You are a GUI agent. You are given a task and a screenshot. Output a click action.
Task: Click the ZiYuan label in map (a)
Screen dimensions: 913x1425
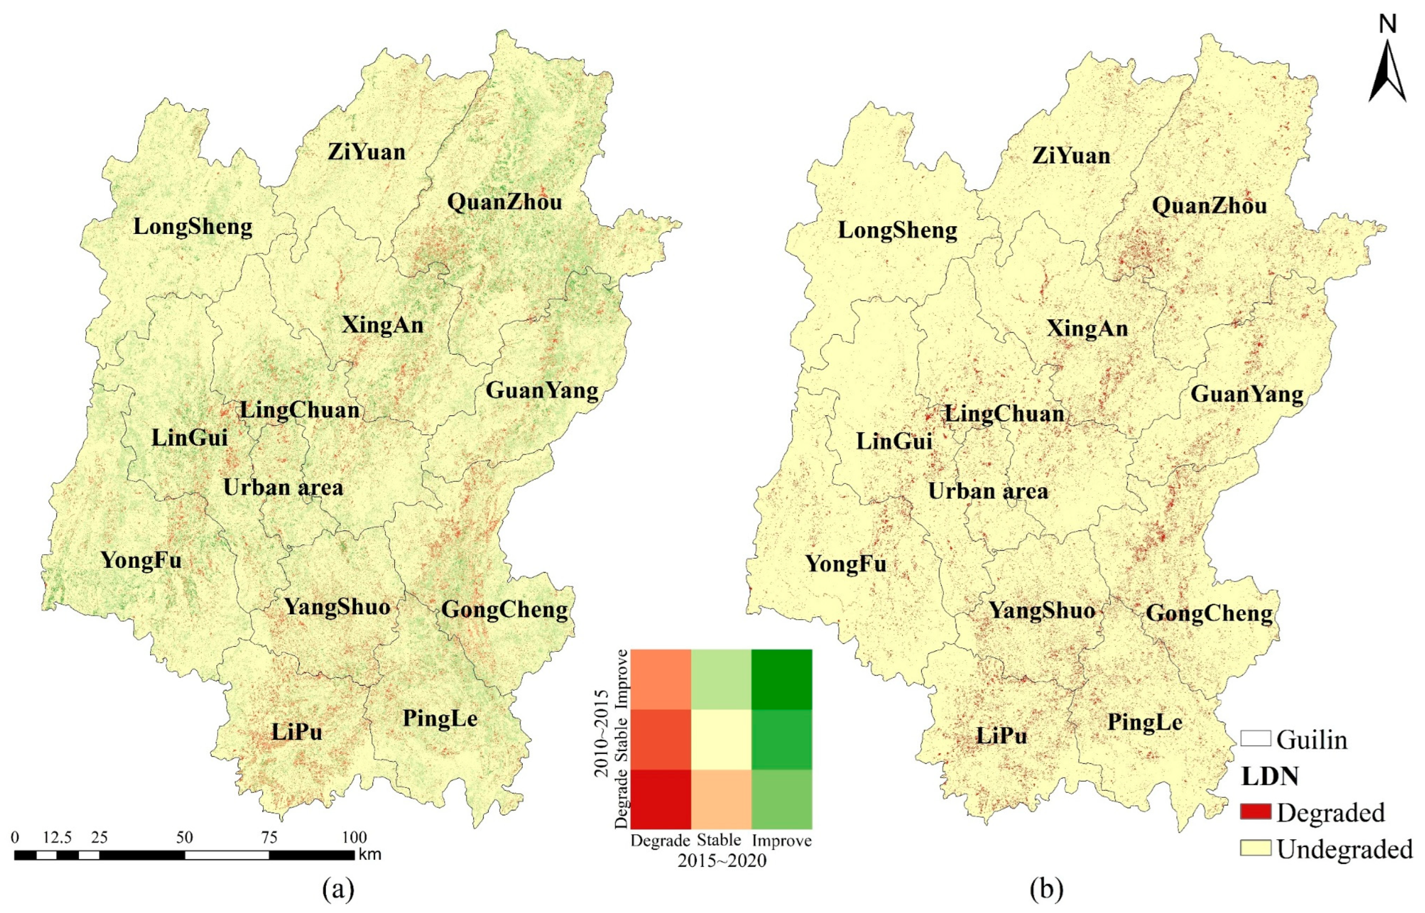tap(367, 152)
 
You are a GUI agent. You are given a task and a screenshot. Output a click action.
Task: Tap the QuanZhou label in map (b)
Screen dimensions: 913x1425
tap(1209, 206)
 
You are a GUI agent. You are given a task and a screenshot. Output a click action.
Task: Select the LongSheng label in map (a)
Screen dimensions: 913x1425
tap(193, 227)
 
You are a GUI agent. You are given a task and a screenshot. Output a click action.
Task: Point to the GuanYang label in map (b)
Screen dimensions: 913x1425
tap(1247, 394)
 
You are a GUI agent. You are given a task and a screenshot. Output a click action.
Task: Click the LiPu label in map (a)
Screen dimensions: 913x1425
tap(297, 733)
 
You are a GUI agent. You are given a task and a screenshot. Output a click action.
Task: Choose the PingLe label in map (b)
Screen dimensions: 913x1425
tap(1145, 722)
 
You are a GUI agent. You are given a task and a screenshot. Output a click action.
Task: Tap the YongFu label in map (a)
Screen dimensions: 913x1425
tap(141, 560)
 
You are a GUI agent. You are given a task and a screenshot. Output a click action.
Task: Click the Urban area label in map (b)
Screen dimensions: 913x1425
tap(988, 492)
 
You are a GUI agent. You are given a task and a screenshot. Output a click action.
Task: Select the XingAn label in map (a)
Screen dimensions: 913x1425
tap(383, 325)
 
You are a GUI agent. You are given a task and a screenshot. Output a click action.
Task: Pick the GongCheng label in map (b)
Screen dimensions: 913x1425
tap(1209, 614)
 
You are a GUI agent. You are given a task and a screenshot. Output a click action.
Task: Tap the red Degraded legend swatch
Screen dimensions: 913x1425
tap(1255, 812)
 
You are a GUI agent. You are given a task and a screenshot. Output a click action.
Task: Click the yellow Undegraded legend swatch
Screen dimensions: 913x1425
tap(1255, 848)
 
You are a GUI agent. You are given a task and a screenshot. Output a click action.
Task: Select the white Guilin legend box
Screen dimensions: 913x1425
tap(1255, 739)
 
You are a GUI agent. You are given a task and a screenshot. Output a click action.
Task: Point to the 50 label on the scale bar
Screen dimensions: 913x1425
tap(185, 837)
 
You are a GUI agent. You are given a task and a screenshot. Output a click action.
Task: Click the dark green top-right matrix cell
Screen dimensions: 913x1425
tap(782, 680)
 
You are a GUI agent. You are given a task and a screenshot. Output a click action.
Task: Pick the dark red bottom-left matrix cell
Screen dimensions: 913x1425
tap(660, 799)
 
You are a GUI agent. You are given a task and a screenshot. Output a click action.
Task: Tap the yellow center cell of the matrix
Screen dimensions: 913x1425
tap(721, 739)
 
